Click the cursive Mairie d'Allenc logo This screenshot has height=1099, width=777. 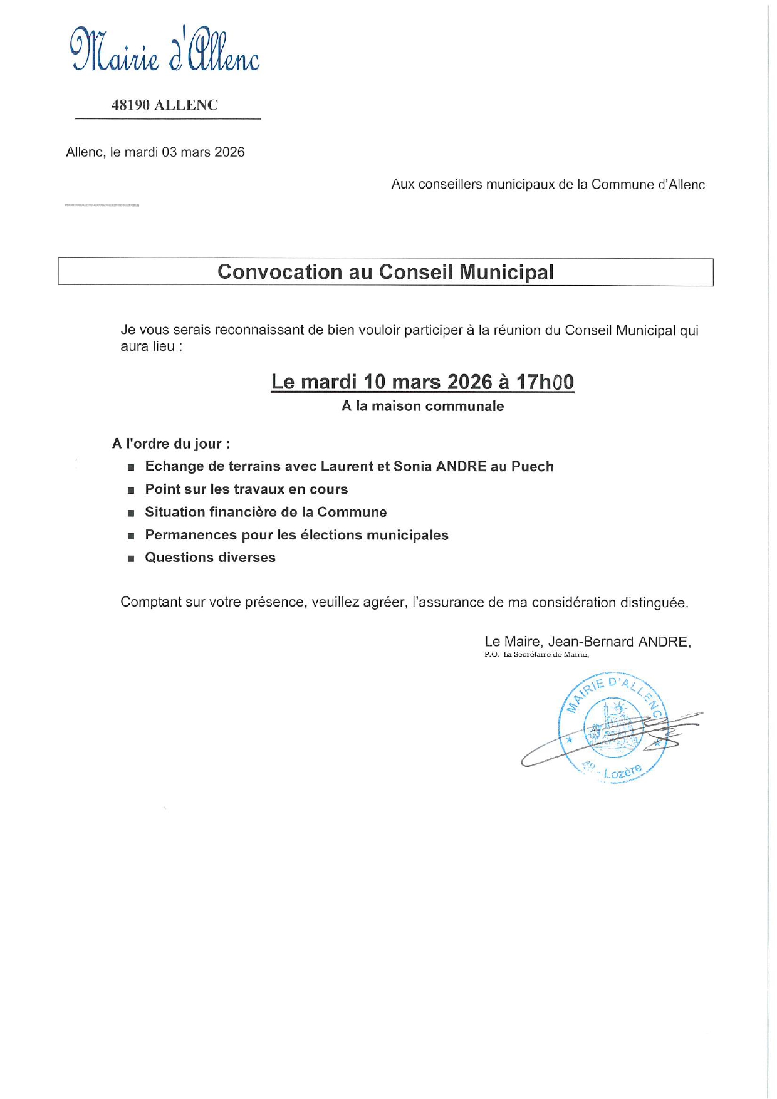pos(164,50)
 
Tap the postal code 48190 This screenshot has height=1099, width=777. pos(130,105)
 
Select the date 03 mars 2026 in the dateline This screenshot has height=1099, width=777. pos(203,152)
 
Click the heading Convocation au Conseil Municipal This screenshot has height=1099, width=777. pos(385,272)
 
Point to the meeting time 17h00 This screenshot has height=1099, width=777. pos(545,382)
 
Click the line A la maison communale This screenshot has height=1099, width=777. pos(422,406)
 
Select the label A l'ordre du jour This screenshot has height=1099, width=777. pos(170,444)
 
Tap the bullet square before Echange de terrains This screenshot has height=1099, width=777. pos(131,467)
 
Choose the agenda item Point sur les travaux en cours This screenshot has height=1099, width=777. pos(246,489)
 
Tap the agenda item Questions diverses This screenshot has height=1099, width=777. pos(210,558)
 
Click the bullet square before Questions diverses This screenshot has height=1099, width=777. pos(131,558)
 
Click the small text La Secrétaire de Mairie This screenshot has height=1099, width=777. pos(546,655)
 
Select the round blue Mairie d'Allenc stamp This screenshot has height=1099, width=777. pos(613,728)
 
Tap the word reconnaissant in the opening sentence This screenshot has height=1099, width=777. pos(259,330)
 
